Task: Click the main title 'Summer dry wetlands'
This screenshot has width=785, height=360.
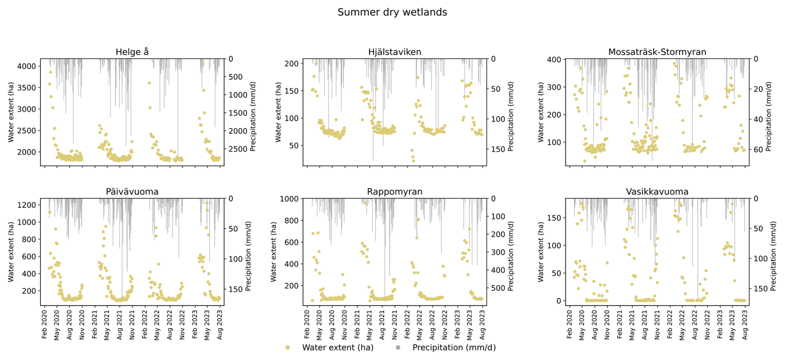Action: (x=392, y=12)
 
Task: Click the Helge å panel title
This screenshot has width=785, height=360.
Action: (x=132, y=52)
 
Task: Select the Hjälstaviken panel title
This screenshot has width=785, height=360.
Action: (x=395, y=52)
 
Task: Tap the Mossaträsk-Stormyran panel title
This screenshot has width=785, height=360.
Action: (x=657, y=52)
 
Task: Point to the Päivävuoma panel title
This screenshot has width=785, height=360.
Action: (x=132, y=192)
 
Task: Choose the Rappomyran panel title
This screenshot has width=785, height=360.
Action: (x=395, y=192)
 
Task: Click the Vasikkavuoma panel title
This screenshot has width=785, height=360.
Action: (x=657, y=192)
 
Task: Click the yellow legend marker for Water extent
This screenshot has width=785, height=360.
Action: (x=288, y=348)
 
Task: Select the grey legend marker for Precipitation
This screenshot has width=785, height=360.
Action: (x=398, y=348)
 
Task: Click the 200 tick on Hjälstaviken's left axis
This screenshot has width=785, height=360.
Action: (x=292, y=63)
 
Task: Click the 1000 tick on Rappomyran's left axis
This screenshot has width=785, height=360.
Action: (x=289, y=199)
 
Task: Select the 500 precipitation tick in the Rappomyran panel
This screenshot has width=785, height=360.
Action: (x=498, y=288)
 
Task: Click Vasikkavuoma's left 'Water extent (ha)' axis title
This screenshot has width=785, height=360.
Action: (x=541, y=252)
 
